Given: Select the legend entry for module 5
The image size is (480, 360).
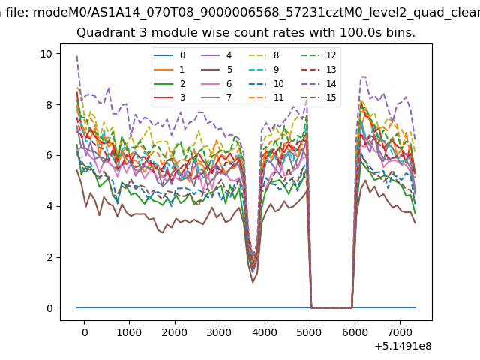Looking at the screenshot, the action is pyautogui.click(x=217, y=70).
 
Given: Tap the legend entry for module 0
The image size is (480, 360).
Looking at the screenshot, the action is pyautogui.click(x=169, y=55).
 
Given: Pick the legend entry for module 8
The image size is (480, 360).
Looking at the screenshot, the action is pyautogui.click(x=265, y=55).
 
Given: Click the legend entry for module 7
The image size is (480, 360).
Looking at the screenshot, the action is pyautogui.click(x=217, y=97).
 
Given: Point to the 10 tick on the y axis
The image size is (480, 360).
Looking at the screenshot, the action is pyautogui.click(x=46, y=54).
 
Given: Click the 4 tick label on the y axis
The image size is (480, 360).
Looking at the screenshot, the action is pyautogui.click(x=49, y=206).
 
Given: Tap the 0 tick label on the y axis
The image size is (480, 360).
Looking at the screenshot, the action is pyautogui.click(x=49, y=308).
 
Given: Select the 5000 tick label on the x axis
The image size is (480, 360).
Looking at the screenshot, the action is pyautogui.click(x=310, y=332).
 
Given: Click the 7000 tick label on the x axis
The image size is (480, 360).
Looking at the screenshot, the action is pyautogui.click(x=400, y=332).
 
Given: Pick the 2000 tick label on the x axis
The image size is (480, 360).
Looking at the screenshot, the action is pyautogui.click(x=175, y=332).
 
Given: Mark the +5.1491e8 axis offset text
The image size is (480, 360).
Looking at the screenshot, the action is pyautogui.click(x=403, y=346).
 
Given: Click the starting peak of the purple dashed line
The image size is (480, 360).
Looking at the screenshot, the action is pyautogui.click(x=76, y=56).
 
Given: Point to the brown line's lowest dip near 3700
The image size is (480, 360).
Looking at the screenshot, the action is pyautogui.click(x=253, y=282).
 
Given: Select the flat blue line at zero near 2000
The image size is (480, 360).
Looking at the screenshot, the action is pyautogui.click(x=175, y=307).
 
